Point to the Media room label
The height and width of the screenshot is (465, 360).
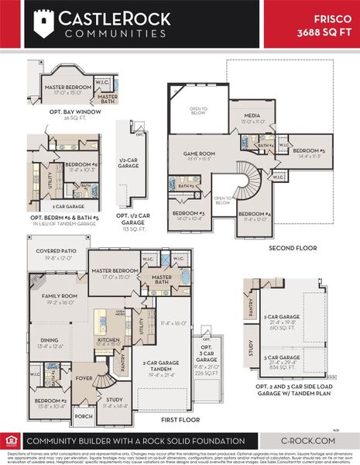coord(252,117)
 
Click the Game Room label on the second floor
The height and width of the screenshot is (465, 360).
coord(198,155)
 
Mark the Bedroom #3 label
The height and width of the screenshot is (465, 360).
coord(188,215)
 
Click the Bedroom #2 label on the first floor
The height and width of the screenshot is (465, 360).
coord(49,402)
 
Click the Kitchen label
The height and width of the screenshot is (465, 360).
coord(108,341)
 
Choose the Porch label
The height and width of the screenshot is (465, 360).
coord(83,415)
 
